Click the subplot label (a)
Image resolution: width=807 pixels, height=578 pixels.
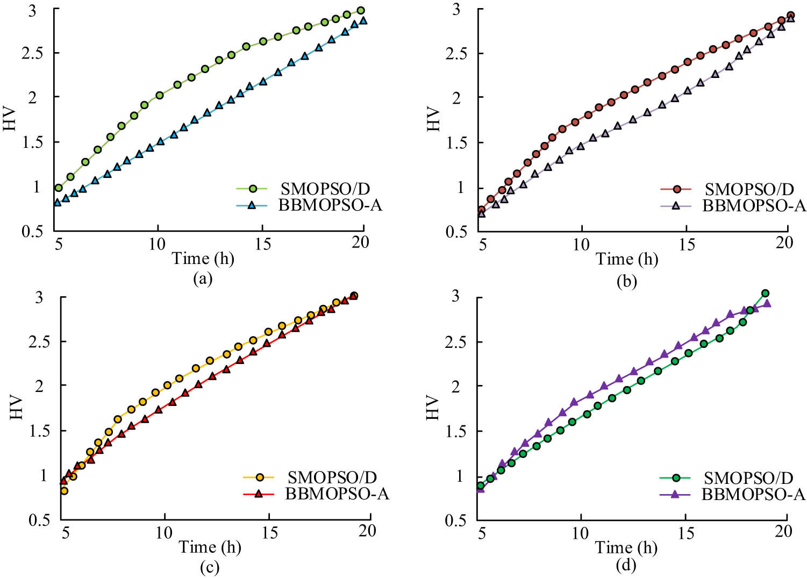click(202, 278)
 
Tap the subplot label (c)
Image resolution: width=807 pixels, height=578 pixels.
click(209, 567)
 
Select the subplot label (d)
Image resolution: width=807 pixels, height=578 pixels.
click(626, 565)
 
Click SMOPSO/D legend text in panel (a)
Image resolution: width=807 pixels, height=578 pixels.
click(325, 189)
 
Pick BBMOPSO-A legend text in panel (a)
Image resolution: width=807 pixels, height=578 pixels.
click(330, 205)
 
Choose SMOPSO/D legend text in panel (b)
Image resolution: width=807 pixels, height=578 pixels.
click(749, 189)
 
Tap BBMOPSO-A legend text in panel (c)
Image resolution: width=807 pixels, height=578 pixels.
click(337, 494)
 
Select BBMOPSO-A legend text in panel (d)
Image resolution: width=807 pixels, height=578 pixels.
click(753, 494)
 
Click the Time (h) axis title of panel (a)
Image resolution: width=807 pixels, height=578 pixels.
click(203, 259)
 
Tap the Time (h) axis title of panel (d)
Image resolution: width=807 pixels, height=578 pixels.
click(626, 547)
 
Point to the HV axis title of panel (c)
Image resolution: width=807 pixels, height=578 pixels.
click(17, 408)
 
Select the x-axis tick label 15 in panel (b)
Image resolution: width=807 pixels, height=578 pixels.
click(687, 245)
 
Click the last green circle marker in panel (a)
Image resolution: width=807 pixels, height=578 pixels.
click(361, 11)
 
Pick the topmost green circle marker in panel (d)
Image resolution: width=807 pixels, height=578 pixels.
click(765, 294)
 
